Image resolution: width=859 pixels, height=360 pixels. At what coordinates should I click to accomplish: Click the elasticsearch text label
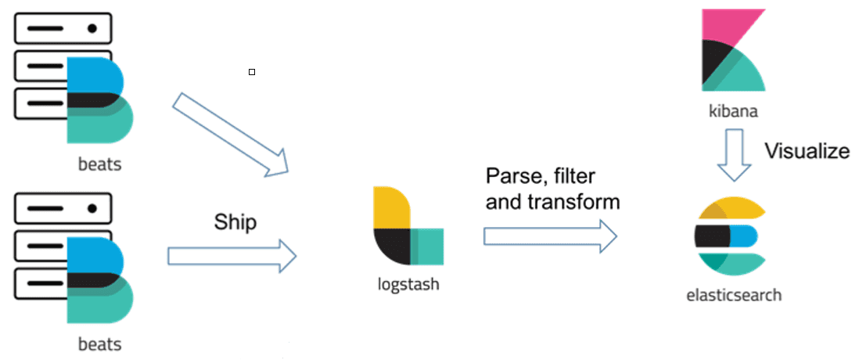point(733,296)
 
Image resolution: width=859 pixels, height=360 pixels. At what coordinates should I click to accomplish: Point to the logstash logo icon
point(408,226)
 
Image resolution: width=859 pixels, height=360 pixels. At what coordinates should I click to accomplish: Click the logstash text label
point(408,284)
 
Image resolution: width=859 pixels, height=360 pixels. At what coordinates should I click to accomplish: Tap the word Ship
point(235,222)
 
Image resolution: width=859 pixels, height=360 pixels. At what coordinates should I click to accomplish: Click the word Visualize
point(806,150)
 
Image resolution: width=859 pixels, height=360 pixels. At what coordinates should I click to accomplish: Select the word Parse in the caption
point(512,175)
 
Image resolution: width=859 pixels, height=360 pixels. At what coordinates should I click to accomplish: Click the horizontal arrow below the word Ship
point(232,256)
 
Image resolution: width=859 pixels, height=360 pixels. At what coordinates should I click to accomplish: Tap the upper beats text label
point(99,165)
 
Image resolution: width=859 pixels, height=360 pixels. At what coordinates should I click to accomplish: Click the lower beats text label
point(99,344)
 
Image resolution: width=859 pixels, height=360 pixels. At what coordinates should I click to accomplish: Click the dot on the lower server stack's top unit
point(92,209)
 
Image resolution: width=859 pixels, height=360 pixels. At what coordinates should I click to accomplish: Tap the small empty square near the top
point(252,72)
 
